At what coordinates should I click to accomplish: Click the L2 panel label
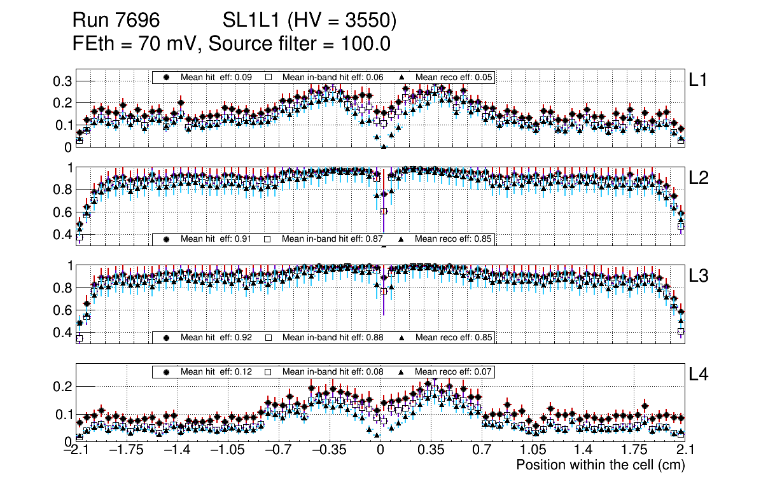pyautogui.click(x=699, y=178)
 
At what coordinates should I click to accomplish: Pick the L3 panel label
pyautogui.click(x=699, y=276)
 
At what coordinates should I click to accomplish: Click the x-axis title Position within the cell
pyautogui.click(x=600, y=465)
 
